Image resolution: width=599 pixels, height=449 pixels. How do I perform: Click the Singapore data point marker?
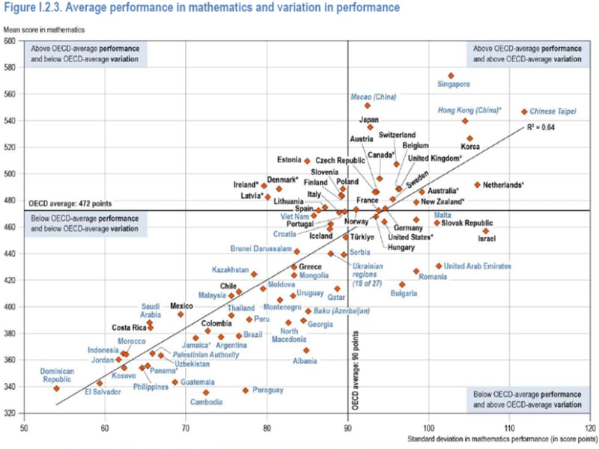(451, 76)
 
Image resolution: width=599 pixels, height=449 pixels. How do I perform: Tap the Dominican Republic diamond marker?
(56, 388)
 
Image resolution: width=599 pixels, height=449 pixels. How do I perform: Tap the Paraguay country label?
(268, 390)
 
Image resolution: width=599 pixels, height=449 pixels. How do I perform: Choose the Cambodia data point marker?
(206, 393)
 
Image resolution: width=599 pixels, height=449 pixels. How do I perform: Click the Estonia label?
(288, 160)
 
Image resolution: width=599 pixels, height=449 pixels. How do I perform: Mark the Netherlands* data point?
(477, 184)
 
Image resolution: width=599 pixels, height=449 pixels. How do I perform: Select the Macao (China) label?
(373, 97)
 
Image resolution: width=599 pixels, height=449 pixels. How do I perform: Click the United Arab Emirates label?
(478, 266)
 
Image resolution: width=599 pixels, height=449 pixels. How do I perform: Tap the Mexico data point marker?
(180, 314)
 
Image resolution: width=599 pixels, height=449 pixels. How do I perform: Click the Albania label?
(304, 361)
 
